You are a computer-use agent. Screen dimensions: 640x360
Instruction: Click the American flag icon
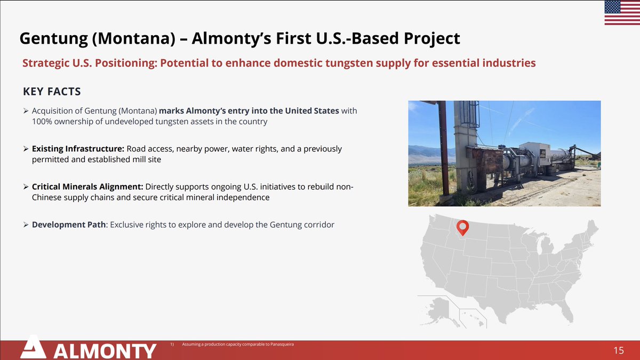[x=622, y=13]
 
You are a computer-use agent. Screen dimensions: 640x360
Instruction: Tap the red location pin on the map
[x=462, y=228]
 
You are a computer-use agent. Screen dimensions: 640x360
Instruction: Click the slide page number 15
[x=619, y=350]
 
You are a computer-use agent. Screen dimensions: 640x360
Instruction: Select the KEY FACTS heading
[x=52, y=91]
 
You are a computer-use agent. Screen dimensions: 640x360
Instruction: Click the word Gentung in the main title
[x=54, y=39]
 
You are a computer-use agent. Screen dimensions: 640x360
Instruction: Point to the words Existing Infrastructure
[x=78, y=149]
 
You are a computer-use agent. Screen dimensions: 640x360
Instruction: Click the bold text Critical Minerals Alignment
[x=87, y=187]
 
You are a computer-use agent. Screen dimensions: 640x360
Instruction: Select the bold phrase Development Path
[x=69, y=225]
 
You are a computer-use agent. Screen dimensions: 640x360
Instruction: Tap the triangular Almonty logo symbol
[x=33, y=347]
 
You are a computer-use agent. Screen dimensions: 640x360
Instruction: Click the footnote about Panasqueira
[x=238, y=345]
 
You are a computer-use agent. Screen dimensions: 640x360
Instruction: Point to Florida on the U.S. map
[x=566, y=312]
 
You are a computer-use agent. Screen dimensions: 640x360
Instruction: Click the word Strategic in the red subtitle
[x=46, y=63]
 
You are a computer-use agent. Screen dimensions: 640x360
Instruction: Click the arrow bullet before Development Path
[x=26, y=225]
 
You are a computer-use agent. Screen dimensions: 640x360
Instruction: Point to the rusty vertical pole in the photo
[x=443, y=148]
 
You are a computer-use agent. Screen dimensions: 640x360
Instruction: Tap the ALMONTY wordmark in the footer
[x=105, y=351]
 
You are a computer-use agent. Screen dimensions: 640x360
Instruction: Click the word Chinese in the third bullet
[x=46, y=197]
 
